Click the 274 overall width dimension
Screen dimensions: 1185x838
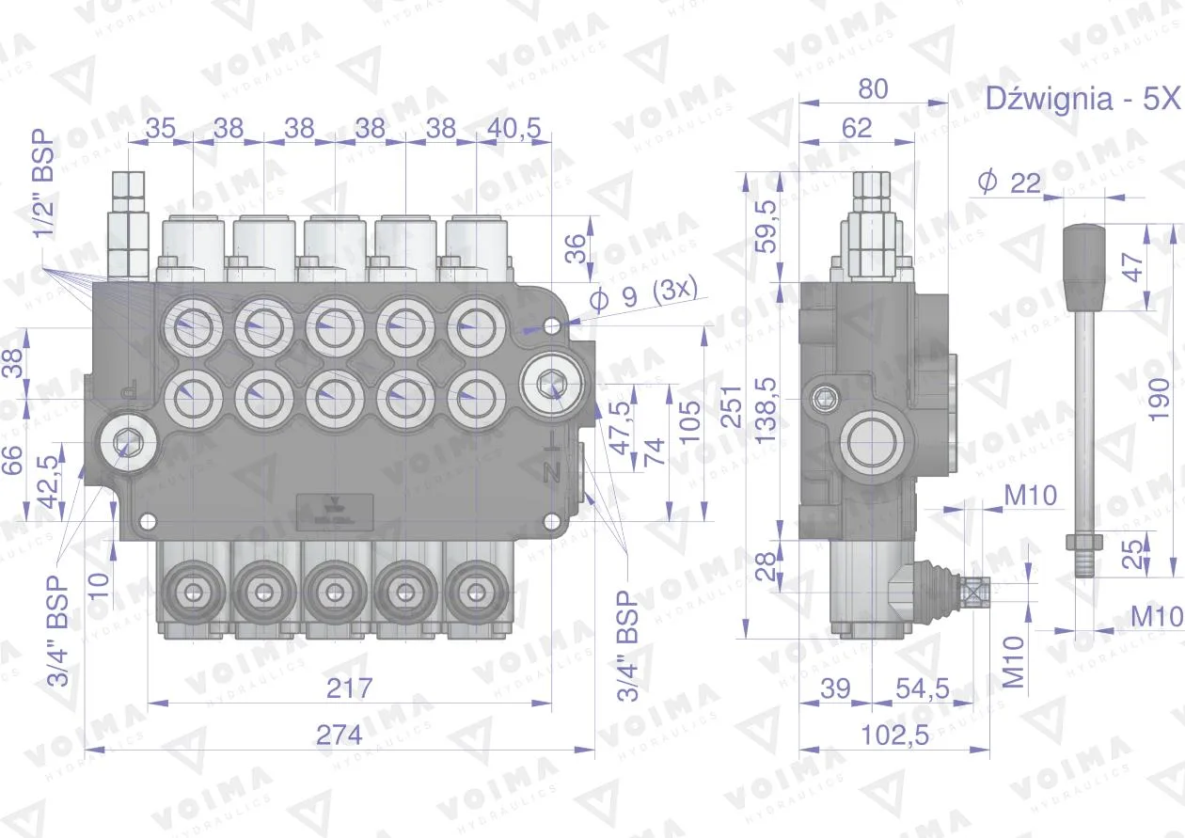pyautogui.click(x=340, y=735)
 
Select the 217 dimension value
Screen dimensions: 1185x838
pyautogui.click(x=349, y=688)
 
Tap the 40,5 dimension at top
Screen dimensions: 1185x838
pyautogui.click(x=514, y=128)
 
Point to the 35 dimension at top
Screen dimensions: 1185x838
pyautogui.click(x=160, y=128)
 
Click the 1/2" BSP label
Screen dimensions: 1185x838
pyautogui.click(x=43, y=183)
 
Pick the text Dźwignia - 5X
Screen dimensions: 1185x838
pyautogui.click(x=1082, y=99)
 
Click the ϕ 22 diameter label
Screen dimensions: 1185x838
pyautogui.click(x=1009, y=183)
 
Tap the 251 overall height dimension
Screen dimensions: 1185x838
pyautogui.click(x=732, y=406)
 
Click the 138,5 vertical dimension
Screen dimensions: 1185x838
pyautogui.click(x=766, y=410)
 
